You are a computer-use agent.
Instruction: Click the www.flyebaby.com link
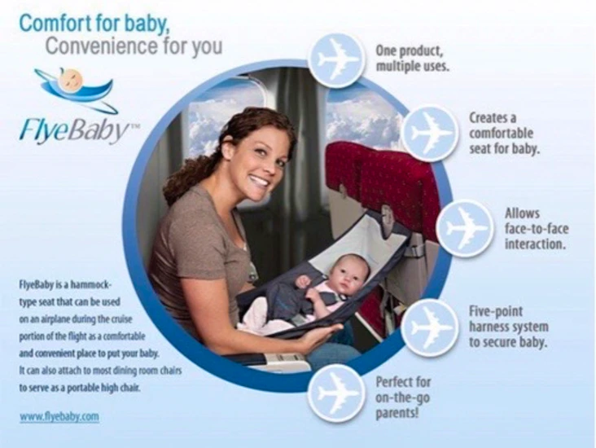[x=59, y=417]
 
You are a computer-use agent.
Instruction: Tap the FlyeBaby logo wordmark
[x=75, y=129]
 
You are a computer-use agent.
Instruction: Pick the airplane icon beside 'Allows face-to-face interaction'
[x=464, y=228]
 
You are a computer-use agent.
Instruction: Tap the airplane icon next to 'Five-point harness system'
[x=430, y=327]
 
